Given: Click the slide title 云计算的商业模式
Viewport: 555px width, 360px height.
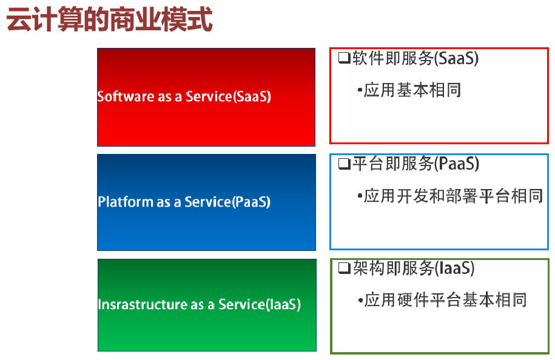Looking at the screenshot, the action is (x=109, y=21).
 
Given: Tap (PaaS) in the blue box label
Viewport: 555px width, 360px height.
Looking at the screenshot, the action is (x=251, y=202).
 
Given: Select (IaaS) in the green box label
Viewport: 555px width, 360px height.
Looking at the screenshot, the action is (x=283, y=304).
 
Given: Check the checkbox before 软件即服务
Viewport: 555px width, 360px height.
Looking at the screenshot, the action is (x=343, y=59).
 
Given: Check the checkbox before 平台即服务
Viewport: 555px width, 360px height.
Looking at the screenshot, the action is (x=343, y=164).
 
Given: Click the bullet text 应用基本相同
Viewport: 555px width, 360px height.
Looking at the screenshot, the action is (x=412, y=90).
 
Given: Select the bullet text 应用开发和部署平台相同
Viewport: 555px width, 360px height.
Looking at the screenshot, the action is (x=452, y=196).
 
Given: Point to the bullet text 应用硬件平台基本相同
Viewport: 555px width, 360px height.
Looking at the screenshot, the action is (x=445, y=299).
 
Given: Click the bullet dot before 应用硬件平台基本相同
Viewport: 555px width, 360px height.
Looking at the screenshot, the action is (x=360, y=299).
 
